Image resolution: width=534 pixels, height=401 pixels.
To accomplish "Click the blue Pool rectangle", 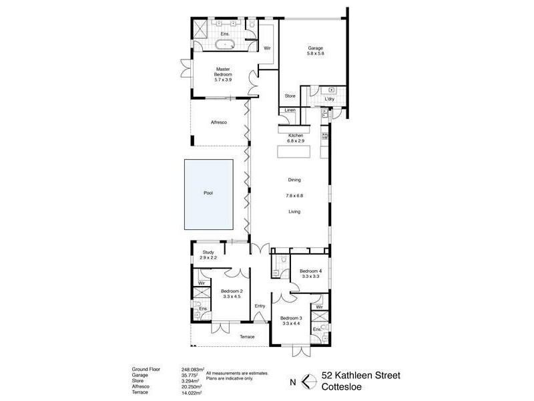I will coord(209,193).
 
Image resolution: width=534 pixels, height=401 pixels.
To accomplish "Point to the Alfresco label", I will coord(220,122).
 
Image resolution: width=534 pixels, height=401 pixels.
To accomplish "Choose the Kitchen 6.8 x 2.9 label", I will coord(295,138).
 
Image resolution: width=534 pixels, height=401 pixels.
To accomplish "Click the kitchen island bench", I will coord(294,152).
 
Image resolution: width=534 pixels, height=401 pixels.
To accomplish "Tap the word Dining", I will coord(294,180).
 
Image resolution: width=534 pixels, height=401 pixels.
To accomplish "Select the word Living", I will coord(294,211).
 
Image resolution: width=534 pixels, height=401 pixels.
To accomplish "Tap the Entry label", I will coord(260,306).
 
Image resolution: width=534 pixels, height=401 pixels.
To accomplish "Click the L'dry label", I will coord(328,99).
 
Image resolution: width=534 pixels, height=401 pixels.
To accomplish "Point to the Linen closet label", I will coord(290,110).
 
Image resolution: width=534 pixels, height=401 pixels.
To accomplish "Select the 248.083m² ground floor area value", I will coord(192,369).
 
